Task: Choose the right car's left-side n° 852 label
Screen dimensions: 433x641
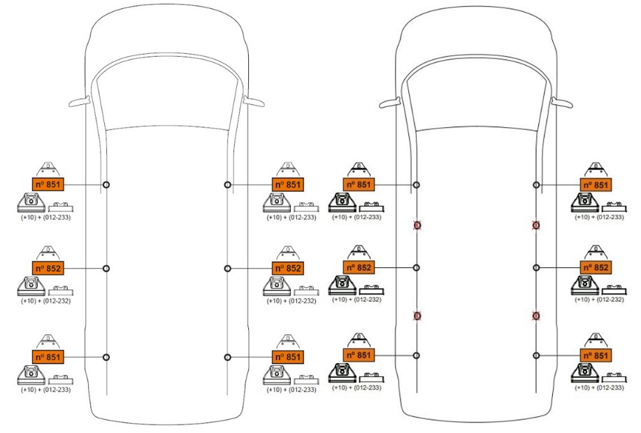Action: pos(359,267)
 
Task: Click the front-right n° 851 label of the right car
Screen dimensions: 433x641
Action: pos(596,185)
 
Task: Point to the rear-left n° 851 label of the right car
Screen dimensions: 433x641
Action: pos(359,355)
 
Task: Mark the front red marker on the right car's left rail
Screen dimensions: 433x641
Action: pos(417,225)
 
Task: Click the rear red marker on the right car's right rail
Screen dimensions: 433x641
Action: pos(536,315)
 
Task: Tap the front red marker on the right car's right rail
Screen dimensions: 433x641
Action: pos(536,225)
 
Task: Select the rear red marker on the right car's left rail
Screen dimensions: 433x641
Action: pos(417,315)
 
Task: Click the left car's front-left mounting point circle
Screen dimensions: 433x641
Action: pos(106,185)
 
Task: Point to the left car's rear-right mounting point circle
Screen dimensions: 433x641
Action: pos(227,357)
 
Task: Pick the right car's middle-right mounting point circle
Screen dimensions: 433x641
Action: pos(536,267)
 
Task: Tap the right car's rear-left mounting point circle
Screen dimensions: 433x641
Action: pos(417,355)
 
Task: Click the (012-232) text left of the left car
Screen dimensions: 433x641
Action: pos(57,301)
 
